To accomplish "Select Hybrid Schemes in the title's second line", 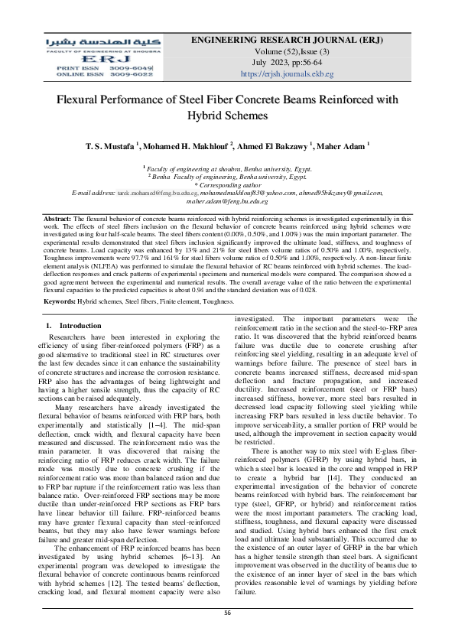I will (x=228, y=115).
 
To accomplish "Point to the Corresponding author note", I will (x=228, y=184).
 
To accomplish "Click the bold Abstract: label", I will (x=57, y=219).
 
